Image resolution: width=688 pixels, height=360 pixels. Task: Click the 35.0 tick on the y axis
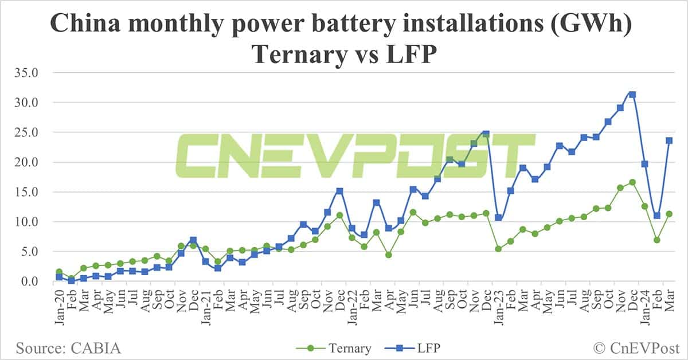click(27, 73)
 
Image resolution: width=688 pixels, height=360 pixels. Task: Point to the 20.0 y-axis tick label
click(27, 162)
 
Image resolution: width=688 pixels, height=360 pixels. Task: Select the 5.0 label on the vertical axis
click(29, 252)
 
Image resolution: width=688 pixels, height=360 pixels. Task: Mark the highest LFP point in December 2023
click(632, 95)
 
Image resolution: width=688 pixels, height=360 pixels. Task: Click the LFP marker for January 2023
click(499, 218)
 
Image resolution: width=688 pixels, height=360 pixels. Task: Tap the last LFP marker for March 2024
click(669, 140)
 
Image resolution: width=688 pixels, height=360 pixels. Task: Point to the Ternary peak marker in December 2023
click(632, 182)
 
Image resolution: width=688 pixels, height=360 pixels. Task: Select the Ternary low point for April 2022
click(389, 255)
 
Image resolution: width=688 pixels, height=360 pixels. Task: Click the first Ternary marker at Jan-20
click(59, 272)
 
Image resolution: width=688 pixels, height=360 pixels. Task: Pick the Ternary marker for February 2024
click(657, 240)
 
